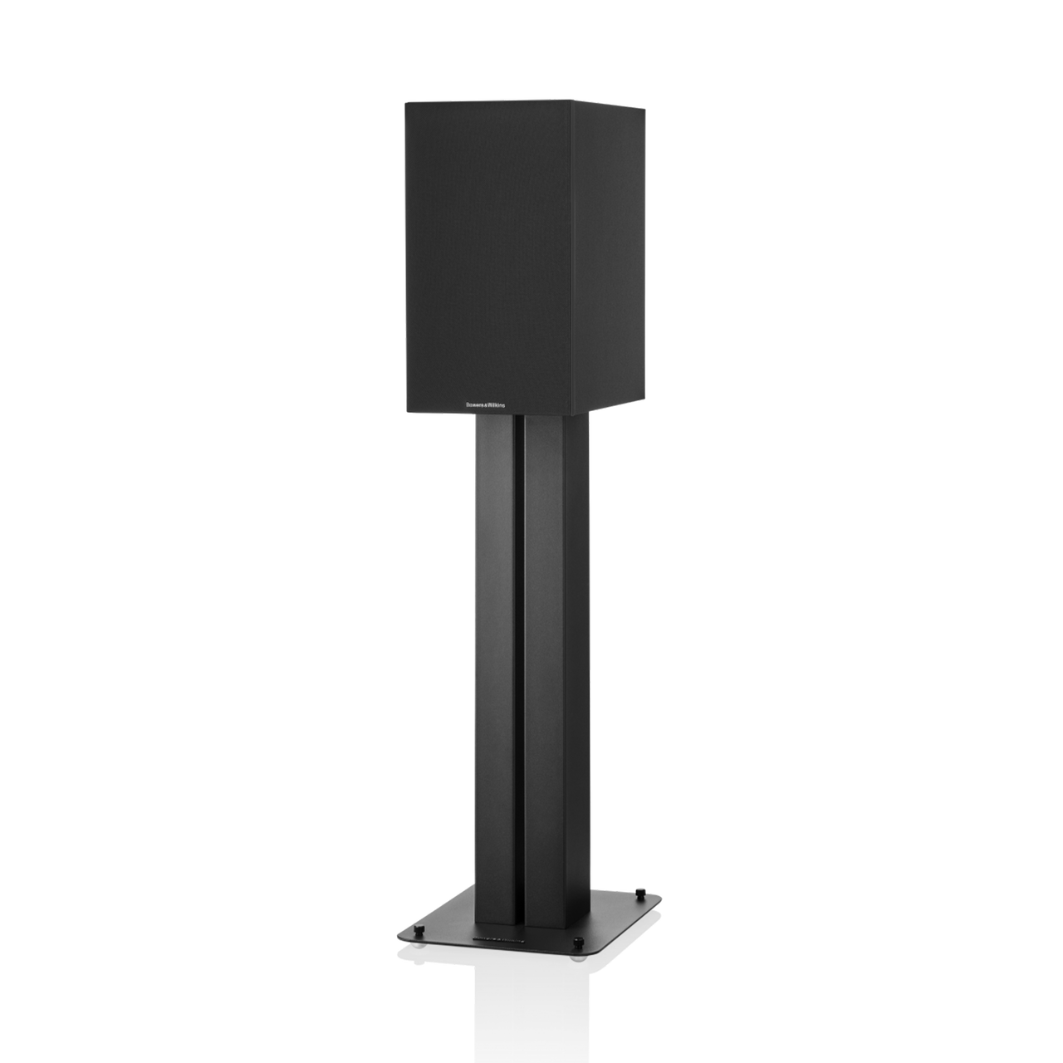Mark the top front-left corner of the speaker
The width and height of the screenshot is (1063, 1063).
(405, 112)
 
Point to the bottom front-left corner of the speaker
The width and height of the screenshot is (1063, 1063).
(407, 408)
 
